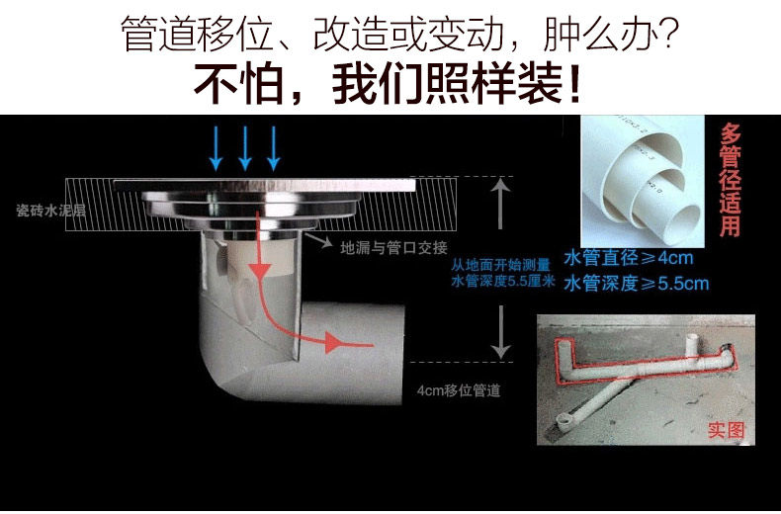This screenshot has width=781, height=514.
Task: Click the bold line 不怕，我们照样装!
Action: coord(390,85)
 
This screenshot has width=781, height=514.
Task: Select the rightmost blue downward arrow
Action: coord(274,148)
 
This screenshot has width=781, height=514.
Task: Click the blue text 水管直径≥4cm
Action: coord(628,259)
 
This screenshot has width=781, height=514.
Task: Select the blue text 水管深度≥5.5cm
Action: coord(636,284)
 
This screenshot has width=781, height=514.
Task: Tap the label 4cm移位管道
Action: coord(459,390)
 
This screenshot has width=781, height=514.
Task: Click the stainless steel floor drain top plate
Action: coord(262,187)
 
